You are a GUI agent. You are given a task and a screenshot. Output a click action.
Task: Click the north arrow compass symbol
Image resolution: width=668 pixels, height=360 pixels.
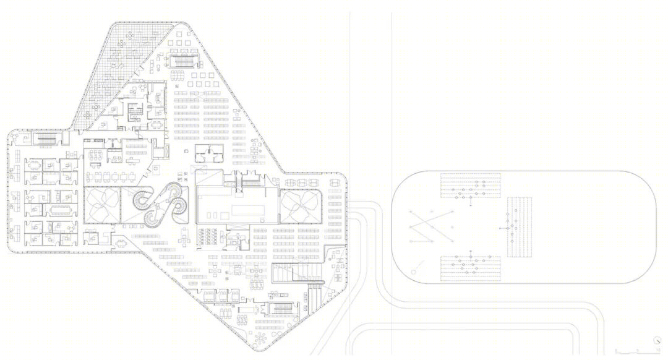[656, 340]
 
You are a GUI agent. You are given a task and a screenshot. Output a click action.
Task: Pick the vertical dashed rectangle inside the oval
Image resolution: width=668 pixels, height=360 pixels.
[520, 227]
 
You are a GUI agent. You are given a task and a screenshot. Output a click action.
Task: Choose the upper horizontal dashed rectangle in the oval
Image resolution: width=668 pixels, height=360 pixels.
[470, 186]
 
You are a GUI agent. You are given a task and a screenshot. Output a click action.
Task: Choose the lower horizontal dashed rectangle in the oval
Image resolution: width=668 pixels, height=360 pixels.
[470, 268]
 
